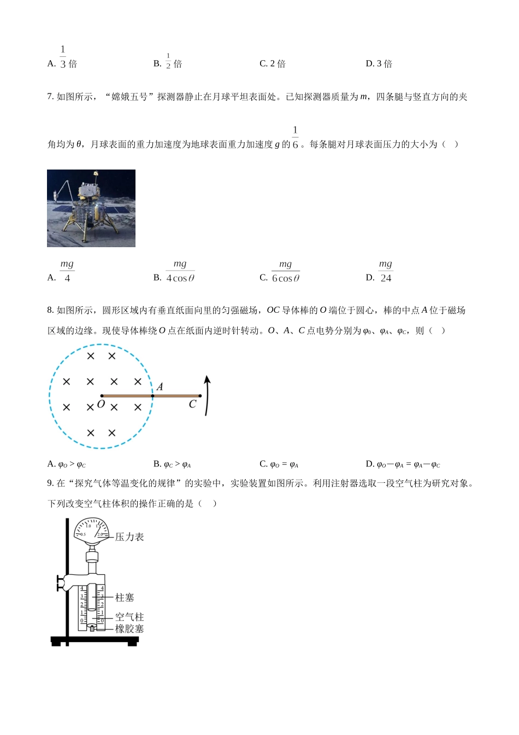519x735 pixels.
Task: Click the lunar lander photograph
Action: [x=91, y=208]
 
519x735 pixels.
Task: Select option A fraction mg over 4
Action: [x=67, y=271]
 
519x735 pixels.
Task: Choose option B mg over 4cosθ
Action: [x=180, y=271]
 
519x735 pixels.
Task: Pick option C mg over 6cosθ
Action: [x=285, y=271]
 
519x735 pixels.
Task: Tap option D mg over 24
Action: [x=385, y=271]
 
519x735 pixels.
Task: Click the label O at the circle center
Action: [x=101, y=405]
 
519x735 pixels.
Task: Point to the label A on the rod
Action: [x=160, y=387]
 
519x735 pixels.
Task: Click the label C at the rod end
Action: [x=192, y=405]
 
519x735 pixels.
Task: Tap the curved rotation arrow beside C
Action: [x=207, y=395]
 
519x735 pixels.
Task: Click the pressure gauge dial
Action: [x=91, y=531]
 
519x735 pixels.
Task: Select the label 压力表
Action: [x=129, y=537]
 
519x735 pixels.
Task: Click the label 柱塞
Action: [x=125, y=598]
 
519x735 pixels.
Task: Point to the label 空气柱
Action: [x=129, y=617]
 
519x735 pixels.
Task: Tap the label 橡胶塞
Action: [x=129, y=629]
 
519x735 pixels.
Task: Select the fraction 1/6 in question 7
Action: [x=295, y=138]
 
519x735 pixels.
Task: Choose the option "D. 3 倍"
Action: [x=379, y=64]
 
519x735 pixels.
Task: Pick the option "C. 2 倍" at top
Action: [x=272, y=64]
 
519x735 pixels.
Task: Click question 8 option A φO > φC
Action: [x=67, y=464]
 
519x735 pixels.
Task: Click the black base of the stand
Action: [x=95, y=640]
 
